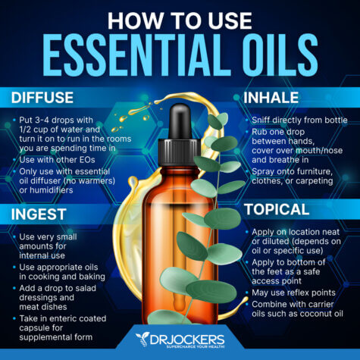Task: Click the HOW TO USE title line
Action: pyautogui.click(x=180, y=17)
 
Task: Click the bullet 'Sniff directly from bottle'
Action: pyautogui.click(x=296, y=121)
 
